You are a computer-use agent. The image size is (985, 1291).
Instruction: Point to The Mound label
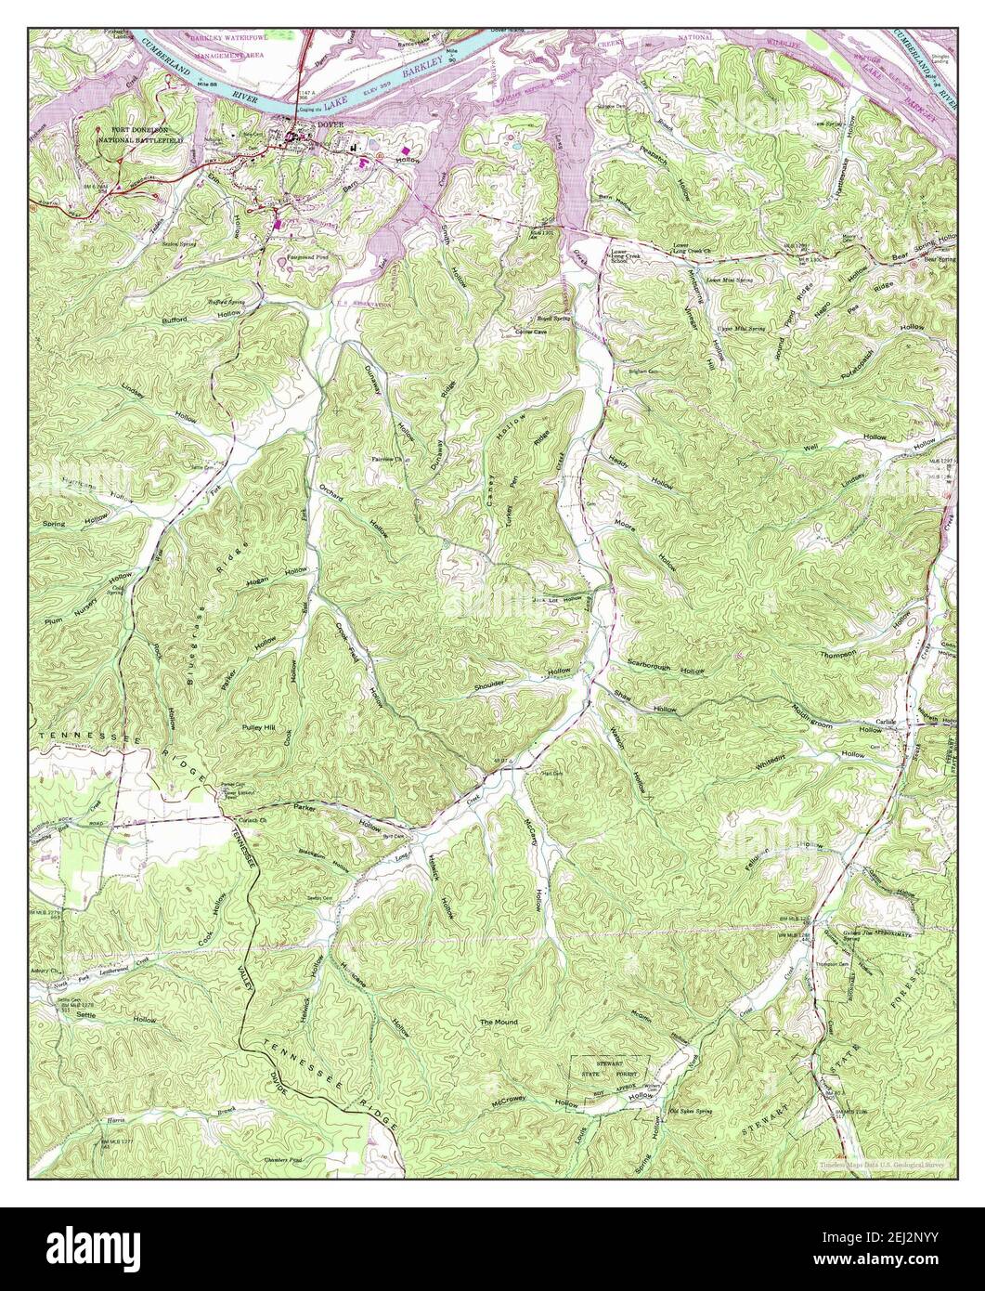coord(498,1023)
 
